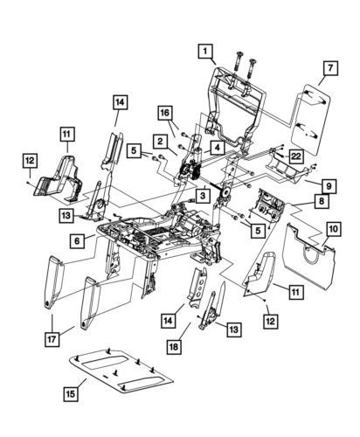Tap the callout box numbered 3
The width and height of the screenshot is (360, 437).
pyautogui.click(x=201, y=198)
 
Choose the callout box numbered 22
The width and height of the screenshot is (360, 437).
pyautogui.click(x=322, y=155)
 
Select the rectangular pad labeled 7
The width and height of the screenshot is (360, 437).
pyautogui.click(x=310, y=114)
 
